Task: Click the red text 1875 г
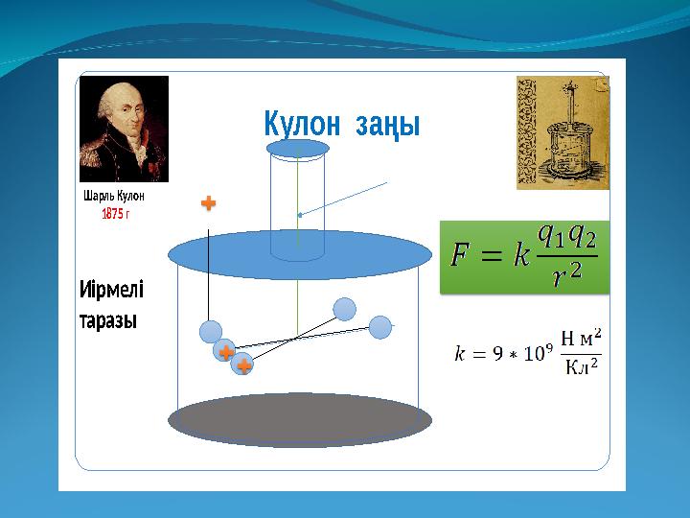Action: click(115, 213)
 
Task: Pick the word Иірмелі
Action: click(111, 290)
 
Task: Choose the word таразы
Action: click(108, 320)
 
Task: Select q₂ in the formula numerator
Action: click(580, 234)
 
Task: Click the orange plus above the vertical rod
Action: click(208, 203)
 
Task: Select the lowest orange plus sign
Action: click(243, 365)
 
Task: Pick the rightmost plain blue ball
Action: click(380, 328)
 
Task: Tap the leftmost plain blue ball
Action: click(211, 332)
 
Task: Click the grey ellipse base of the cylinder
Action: click(300, 419)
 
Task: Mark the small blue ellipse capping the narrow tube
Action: click(298, 149)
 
